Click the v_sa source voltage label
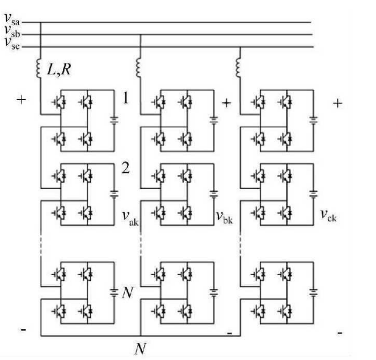(12, 19)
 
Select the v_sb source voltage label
(12, 32)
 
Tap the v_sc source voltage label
(12, 44)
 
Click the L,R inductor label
(59, 70)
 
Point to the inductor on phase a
(38, 68)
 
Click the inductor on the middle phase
(138, 67)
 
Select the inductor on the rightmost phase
(238, 67)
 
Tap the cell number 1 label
(126, 98)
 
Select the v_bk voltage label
(224, 217)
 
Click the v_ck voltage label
(329, 215)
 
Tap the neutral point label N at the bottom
(140, 349)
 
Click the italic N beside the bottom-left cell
(128, 293)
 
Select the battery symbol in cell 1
(114, 120)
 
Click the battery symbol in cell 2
(114, 194)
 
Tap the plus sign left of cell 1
(21, 100)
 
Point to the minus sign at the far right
(340, 333)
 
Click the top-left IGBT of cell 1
(59, 102)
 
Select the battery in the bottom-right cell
(314, 293)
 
